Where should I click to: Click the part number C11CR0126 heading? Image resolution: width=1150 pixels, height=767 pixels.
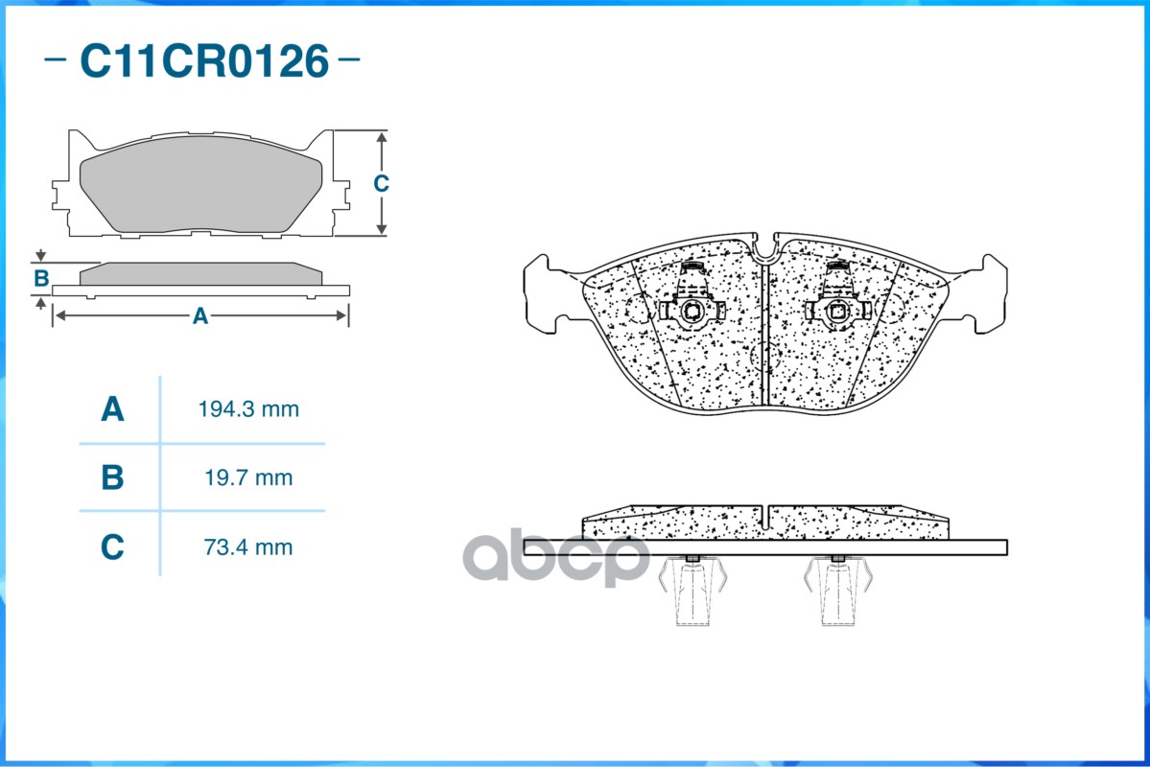point(204,60)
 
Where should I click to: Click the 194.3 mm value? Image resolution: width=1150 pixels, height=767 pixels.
point(248,409)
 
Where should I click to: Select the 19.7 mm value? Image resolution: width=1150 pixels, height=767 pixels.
point(248,478)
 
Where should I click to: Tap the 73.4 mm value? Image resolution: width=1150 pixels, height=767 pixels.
point(248,547)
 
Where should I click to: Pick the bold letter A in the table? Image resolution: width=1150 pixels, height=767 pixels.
point(112,409)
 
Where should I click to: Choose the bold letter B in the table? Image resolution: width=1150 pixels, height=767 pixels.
point(112,477)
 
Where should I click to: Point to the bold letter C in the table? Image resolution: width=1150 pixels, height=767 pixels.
point(112,547)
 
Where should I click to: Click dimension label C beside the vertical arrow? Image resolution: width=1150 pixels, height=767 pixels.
point(381,183)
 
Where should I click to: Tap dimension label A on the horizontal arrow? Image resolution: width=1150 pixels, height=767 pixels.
point(200,316)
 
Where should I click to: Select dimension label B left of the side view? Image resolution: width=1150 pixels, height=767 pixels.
point(41,279)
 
